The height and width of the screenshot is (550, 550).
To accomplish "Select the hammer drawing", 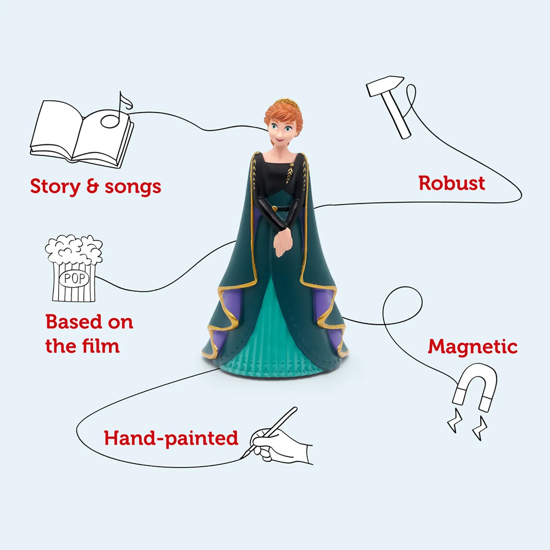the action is [389, 106].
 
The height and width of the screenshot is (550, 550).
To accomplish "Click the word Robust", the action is [452, 183].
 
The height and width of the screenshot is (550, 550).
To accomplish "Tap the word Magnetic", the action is [473, 346].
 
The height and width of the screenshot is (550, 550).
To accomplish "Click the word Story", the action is [55, 187].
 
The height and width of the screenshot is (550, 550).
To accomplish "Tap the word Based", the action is [73, 322].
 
